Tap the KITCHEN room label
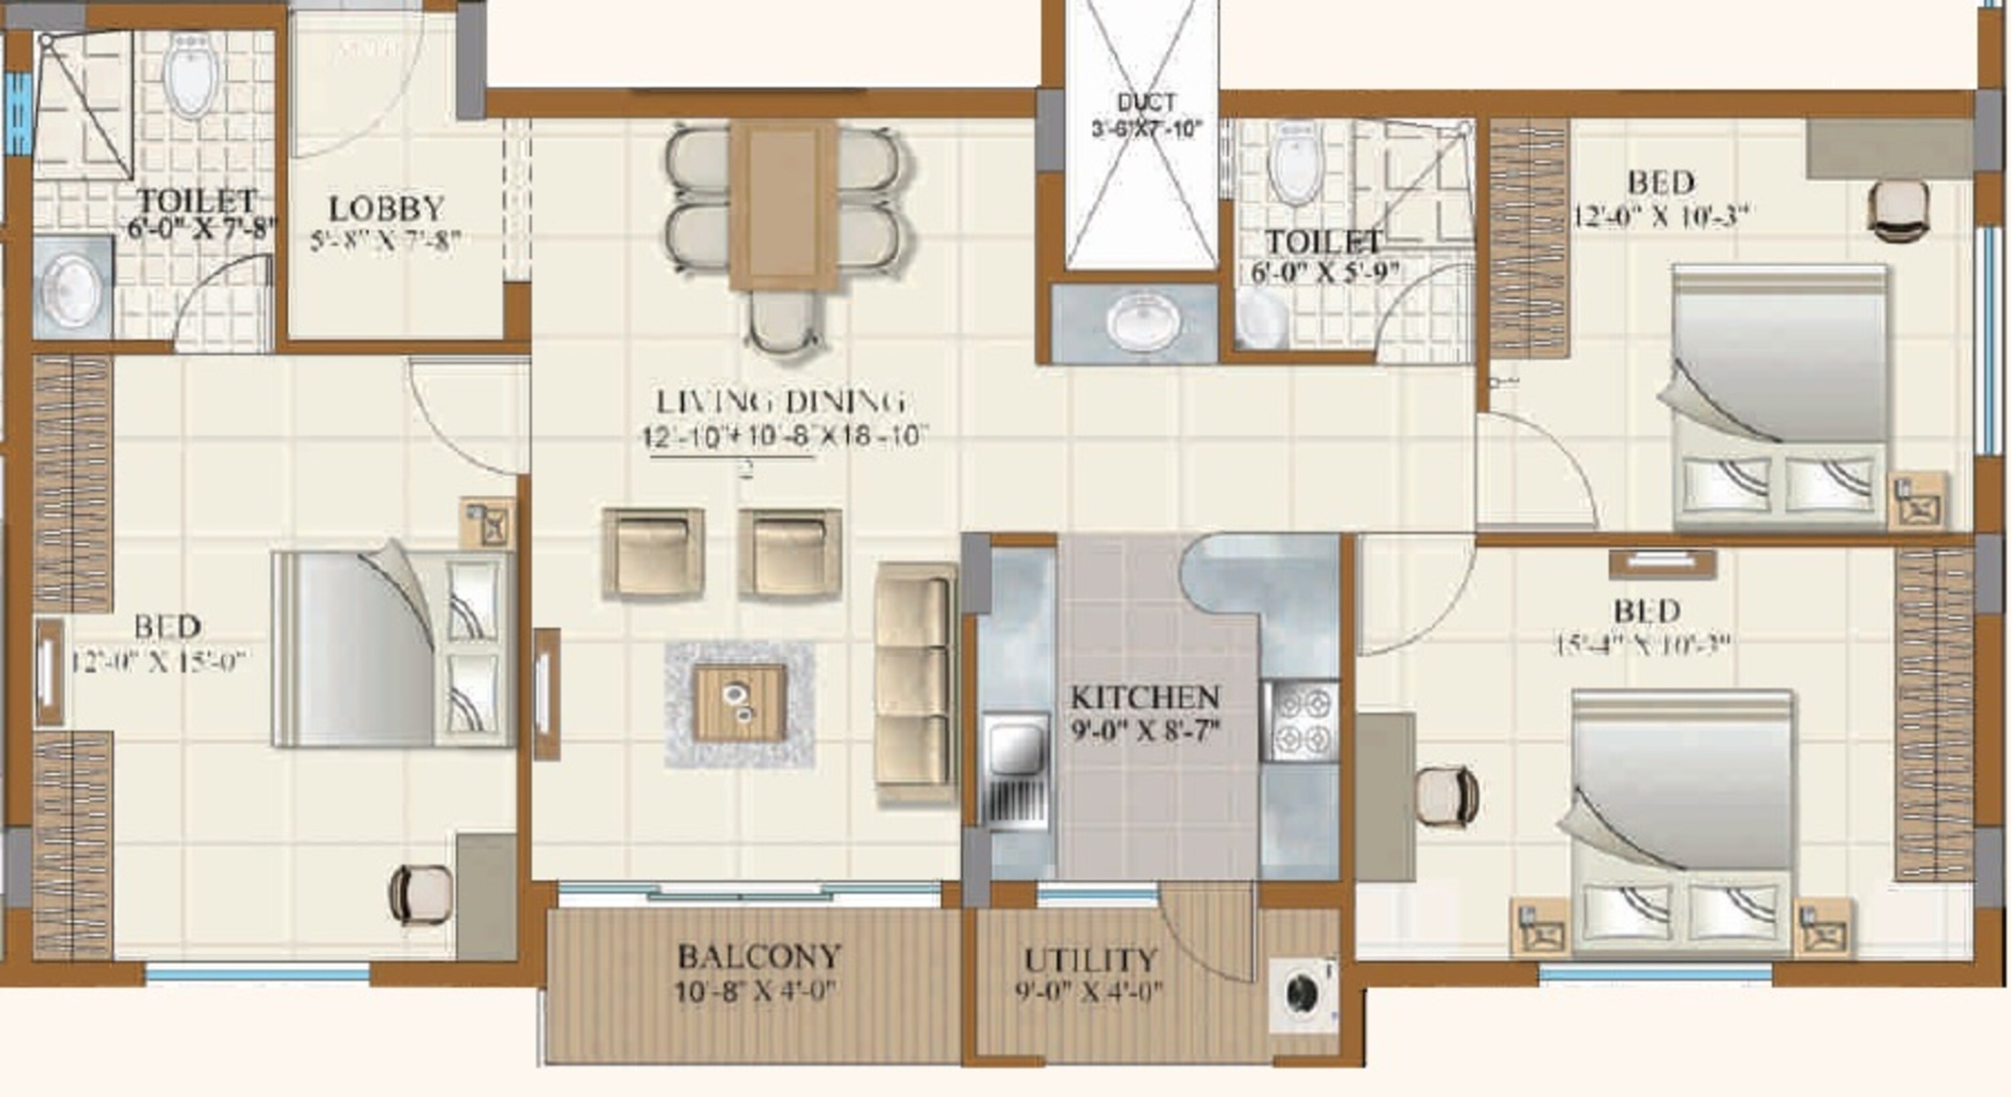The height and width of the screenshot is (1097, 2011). [x=1144, y=697]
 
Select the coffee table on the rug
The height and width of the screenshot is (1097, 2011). [x=739, y=703]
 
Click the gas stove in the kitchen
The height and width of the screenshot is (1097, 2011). [x=1301, y=722]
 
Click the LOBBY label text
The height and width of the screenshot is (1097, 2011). [x=386, y=209]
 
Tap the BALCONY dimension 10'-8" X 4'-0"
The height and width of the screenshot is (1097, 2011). [x=755, y=992]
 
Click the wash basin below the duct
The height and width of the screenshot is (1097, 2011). [x=1136, y=324]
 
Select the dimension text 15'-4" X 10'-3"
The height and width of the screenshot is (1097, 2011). [x=1642, y=645]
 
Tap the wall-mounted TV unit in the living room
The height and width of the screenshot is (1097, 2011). [x=546, y=694]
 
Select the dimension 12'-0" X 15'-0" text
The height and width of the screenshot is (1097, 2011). [x=158, y=661]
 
